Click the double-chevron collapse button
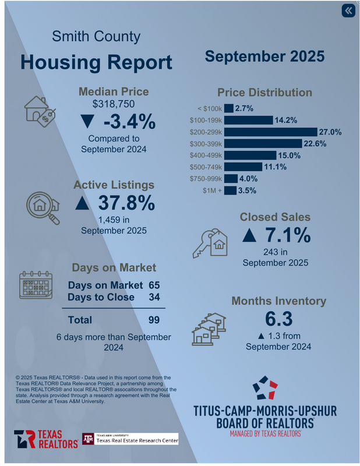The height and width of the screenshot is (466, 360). [348, 10]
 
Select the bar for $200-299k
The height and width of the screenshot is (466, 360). [270, 132]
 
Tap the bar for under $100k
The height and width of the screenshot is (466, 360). [228, 108]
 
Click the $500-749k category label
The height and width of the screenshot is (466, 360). [206, 167]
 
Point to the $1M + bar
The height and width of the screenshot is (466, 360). [230, 190]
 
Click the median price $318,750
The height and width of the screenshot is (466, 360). [114, 104]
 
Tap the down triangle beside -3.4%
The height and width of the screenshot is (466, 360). [87, 122]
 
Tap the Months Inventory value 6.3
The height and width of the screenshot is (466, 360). [278, 320]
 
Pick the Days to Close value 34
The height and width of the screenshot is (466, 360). [153, 297]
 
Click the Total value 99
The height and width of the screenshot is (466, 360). [153, 319]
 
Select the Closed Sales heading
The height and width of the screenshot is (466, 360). [275, 217]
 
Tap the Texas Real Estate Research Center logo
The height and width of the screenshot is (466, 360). [129, 439]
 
